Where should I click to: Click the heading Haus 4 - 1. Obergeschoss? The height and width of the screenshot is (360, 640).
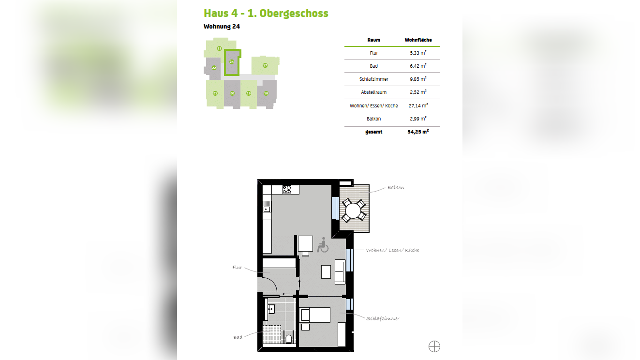[x=266, y=14]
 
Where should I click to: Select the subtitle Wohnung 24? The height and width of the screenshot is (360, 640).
[x=222, y=27]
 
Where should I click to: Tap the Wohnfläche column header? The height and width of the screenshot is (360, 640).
[x=418, y=40]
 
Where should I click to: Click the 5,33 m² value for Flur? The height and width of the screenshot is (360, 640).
[x=418, y=53]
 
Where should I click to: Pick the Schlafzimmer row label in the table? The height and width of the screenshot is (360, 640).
[x=374, y=79]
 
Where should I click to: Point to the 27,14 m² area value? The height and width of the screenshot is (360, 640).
[x=418, y=105]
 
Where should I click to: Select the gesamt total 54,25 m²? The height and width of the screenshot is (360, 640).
[x=418, y=132]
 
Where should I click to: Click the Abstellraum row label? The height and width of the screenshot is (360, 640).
[x=374, y=92]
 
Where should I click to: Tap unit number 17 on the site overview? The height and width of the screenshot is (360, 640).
[x=265, y=65]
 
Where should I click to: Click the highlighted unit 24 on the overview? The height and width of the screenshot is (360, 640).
[x=232, y=62]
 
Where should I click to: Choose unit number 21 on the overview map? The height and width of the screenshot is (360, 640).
[x=215, y=93]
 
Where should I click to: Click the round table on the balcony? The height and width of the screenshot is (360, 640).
[x=354, y=211]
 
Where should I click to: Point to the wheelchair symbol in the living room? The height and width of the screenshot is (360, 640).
[x=323, y=245]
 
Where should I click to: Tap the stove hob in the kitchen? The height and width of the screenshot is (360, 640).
[x=286, y=189]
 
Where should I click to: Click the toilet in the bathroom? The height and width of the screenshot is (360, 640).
[x=289, y=339]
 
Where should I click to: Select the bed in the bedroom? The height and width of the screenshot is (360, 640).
[x=315, y=315]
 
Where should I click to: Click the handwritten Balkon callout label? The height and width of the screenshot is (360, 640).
[x=396, y=187]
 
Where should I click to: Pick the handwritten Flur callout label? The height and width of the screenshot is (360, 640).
[x=237, y=268]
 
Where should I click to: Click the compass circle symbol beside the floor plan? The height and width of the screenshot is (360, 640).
[x=434, y=346]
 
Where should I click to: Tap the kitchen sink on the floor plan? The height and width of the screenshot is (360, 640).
[x=267, y=207]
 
